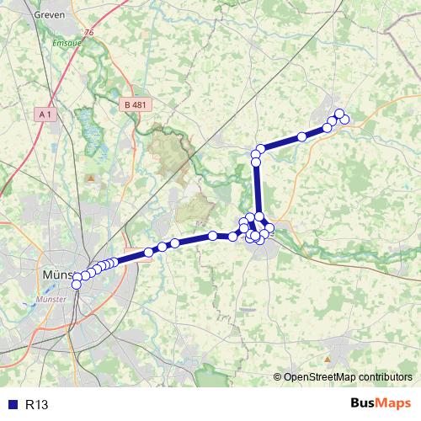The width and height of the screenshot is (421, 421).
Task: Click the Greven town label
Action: click(x=51, y=14)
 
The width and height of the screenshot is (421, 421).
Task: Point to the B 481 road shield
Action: click(x=135, y=104)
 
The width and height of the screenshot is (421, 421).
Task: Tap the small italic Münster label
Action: click(x=56, y=299)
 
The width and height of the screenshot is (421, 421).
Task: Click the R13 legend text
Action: click(x=36, y=405)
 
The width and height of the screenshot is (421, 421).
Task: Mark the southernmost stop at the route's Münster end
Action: click(x=77, y=285)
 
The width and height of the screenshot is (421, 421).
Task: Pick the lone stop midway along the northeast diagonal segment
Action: click(x=301, y=136)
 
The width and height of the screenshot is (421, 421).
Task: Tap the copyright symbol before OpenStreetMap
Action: click(x=279, y=376)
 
